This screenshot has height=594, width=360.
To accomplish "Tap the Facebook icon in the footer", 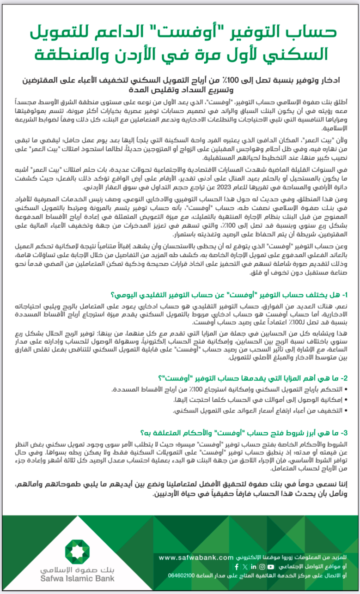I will (x=237, y=567).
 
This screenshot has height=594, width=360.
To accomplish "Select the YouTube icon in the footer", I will (x=270, y=567).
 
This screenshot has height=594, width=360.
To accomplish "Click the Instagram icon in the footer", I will (x=262, y=567).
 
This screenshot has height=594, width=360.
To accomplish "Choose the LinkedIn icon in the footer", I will (x=254, y=567).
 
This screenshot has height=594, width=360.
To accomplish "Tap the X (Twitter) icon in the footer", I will (x=245, y=567).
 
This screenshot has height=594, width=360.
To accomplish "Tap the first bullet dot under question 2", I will (x=347, y=389).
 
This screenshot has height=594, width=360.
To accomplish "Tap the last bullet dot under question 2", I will (x=347, y=411).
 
